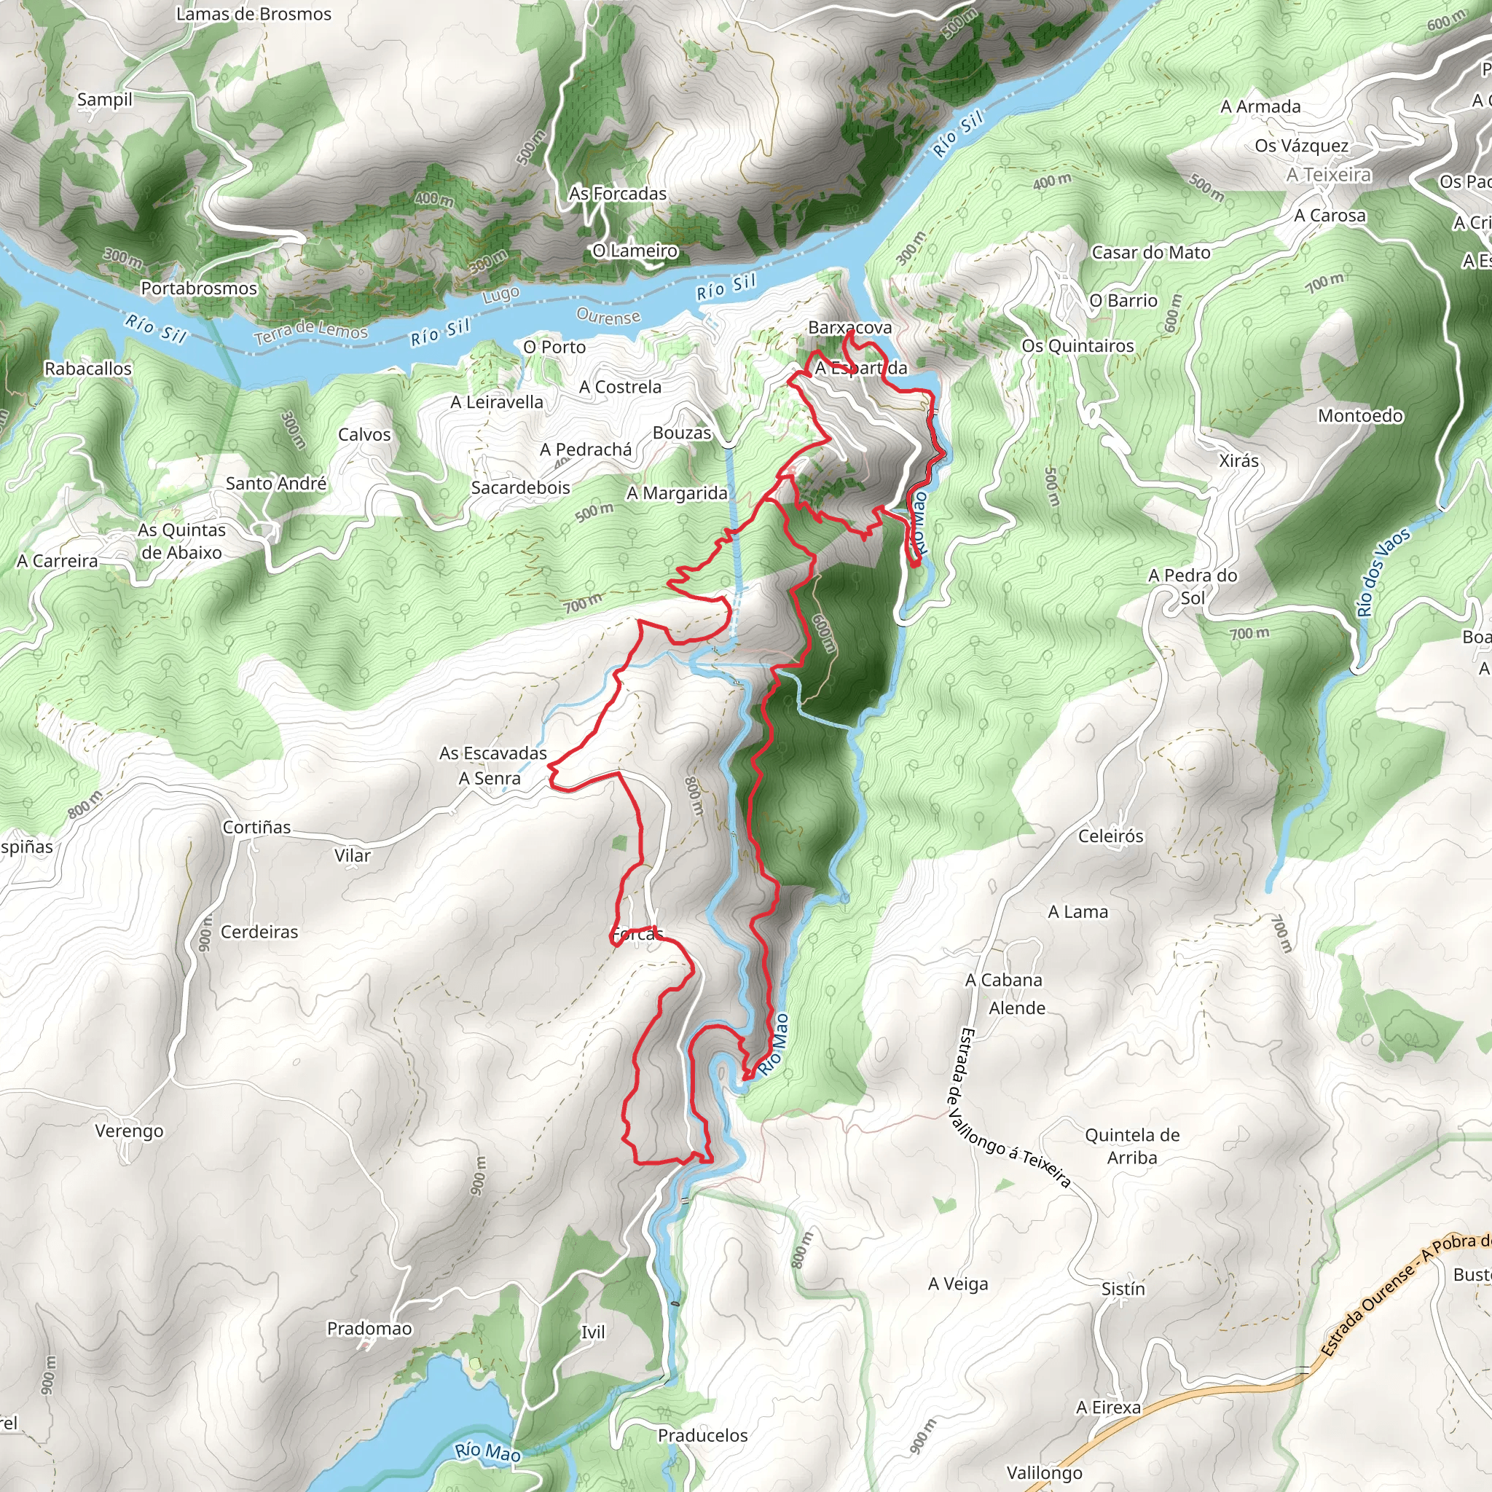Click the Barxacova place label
pyautogui.click(x=849, y=327)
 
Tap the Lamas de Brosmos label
pyautogui.click(x=254, y=14)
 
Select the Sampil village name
pyautogui.click(x=105, y=100)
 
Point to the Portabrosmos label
pyautogui.click(x=198, y=288)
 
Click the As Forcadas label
pyautogui.click(x=617, y=194)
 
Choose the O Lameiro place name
pyautogui.click(x=635, y=251)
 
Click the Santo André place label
pyautogui.click(x=275, y=484)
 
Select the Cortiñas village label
pyautogui.click(x=256, y=827)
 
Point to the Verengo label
pyautogui.click(x=129, y=1131)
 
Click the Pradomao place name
pyautogui.click(x=369, y=1328)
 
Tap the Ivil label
pyautogui.click(x=592, y=1332)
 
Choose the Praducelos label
pyautogui.click(x=702, y=1435)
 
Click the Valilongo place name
pyautogui.click(x=1044, y=1472)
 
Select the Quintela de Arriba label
pyautogui.click(x=1131, y=1146)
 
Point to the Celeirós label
pyautogui.click(x=1110, y=836)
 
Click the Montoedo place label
pyautogui.click(x=1360, y=415)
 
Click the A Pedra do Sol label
pyautogui.click(x=1193, y=586)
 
